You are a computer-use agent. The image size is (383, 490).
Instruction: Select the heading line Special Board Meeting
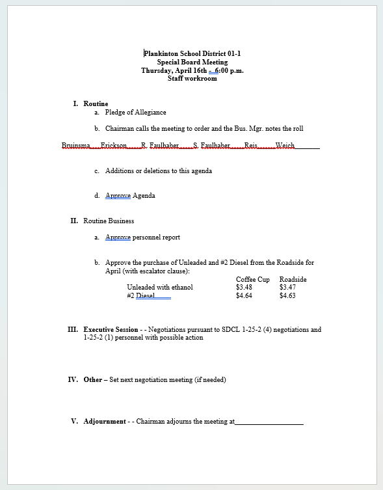click(x=192, y=62)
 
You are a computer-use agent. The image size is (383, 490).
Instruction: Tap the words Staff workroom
click(x=192, y=79)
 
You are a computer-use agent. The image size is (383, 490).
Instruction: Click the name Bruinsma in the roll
click(x=75, y=146)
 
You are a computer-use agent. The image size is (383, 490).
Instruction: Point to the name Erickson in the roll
click(x=114, y=146)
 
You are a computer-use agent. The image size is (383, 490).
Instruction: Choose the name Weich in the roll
click(x=285, y=146)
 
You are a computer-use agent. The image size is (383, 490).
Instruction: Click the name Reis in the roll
click(x=251, y=146)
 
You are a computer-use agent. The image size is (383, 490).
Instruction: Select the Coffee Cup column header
click(x=252, y=279)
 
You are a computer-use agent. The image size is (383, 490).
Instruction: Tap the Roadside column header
click(x=293, y=279)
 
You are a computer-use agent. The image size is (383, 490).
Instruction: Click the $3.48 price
click(x=244, y=287)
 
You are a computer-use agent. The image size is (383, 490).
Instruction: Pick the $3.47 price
click(x=287, y=287)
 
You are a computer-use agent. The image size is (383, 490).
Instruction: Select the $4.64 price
click(x=244, y=295)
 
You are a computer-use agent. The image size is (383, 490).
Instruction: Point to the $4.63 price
click(x=287, y=295)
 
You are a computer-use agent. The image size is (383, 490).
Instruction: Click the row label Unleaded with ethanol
click(x=159, y=287)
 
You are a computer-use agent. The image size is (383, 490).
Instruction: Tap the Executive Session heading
click(x=111, y=330)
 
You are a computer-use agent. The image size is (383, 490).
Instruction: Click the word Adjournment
click(x=105, y=422)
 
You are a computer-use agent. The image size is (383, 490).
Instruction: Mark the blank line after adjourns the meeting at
click(x=269, y=422)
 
